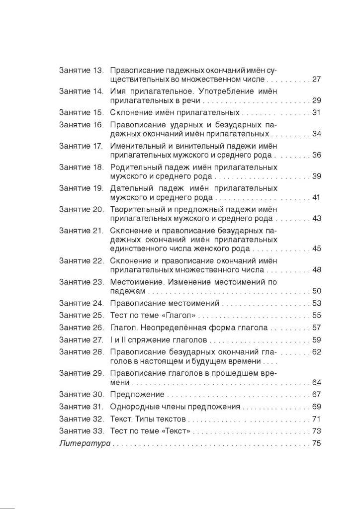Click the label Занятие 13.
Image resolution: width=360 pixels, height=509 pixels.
(x=81, y=71)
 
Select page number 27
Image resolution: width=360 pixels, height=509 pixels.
(x=317, y=79)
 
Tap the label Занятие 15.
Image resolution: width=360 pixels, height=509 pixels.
(x=81, y=112)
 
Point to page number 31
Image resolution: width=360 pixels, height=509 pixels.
(x=317, y=112)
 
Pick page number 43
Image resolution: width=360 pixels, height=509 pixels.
(x=317, y=218)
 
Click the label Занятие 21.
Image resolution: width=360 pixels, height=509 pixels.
(x=81, y=231)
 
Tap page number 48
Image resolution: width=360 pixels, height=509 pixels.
(x=317, y=269)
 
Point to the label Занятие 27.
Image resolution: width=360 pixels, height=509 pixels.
(x=81, y=340)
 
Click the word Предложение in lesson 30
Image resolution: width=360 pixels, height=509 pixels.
(x=137, y=395)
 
